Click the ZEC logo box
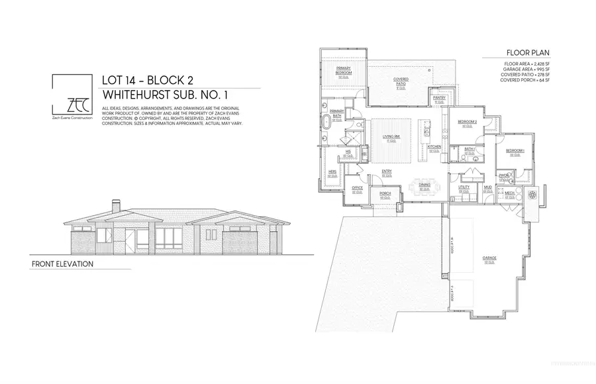coord(72,97)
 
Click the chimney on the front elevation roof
coord(116,207)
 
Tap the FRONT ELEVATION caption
coord(62,264)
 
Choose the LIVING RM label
coord(389,136)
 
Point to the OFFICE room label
coord(357,188)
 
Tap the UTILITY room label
coord(464,187)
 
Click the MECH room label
coord(509,194)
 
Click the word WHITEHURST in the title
coord(142,93)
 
